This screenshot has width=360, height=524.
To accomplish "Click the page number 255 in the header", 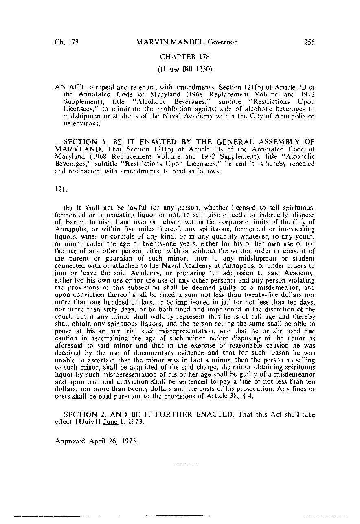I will click(309, 42).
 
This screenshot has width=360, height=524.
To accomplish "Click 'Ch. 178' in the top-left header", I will click(67, 42).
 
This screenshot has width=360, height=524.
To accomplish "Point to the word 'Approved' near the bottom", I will click(70, 441).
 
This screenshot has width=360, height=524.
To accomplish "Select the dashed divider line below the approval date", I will click(185, 463).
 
